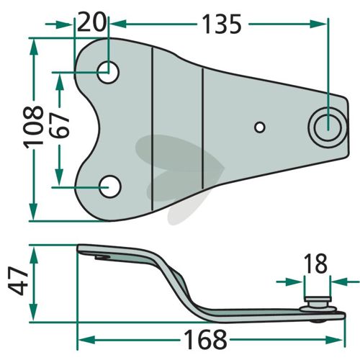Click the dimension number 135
coord(222,24)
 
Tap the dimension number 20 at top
coord(91,22)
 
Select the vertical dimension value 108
coord(33,126)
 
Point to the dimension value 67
coord(60,126)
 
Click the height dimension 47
coord(17,282)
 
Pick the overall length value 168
coord(206,339)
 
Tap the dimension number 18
coord(315,264)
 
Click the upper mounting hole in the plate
coord(108,72)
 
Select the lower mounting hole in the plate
coord(110,186)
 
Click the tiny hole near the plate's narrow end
coord(259,127)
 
